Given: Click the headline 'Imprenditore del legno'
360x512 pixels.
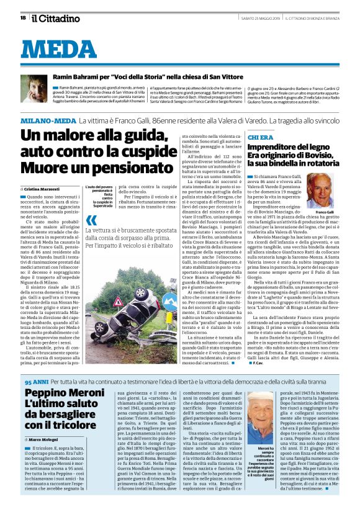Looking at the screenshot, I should click(x=289, y=146).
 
